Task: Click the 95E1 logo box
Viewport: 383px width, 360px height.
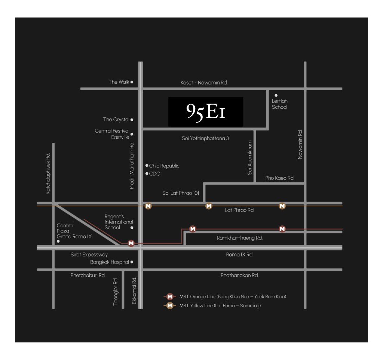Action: click(x=206, y=111)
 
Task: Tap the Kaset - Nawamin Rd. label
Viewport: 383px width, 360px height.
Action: click(x=204, y=82)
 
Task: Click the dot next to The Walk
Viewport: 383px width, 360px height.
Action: click(x=132, y=82)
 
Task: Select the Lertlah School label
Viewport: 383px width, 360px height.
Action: click(x=280, y=104)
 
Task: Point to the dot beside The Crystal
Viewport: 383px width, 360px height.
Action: click(x=132, y=120)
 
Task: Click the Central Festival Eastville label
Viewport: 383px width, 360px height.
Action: click(x=112, y=134)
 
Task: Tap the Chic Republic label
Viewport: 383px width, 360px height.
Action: click(x=164, y=166)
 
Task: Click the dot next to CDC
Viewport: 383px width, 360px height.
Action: click(x=147, y=173)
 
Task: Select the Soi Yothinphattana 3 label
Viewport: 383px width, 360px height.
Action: click(x=205, y=138)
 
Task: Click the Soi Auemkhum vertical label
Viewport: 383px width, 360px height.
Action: click(x=249, y=158)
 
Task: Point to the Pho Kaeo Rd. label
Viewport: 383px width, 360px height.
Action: click(x=280, y=178)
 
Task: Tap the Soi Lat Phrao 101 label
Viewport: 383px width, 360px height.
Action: click(x=181, y=193)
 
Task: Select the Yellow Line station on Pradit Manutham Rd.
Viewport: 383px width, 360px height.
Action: click(x=148, y=206)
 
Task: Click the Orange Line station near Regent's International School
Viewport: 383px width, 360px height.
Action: click(x=131, y=243)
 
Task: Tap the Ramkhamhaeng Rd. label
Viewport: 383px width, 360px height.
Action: click(x=240, y=238)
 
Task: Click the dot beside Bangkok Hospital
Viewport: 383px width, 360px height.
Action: click(x=132, y=262)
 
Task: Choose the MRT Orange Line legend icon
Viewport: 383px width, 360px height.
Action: click(x=170, y=297)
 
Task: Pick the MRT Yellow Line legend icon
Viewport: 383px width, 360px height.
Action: click(x=170, y=305)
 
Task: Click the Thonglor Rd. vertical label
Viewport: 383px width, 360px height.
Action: click(x=116, y=292)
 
